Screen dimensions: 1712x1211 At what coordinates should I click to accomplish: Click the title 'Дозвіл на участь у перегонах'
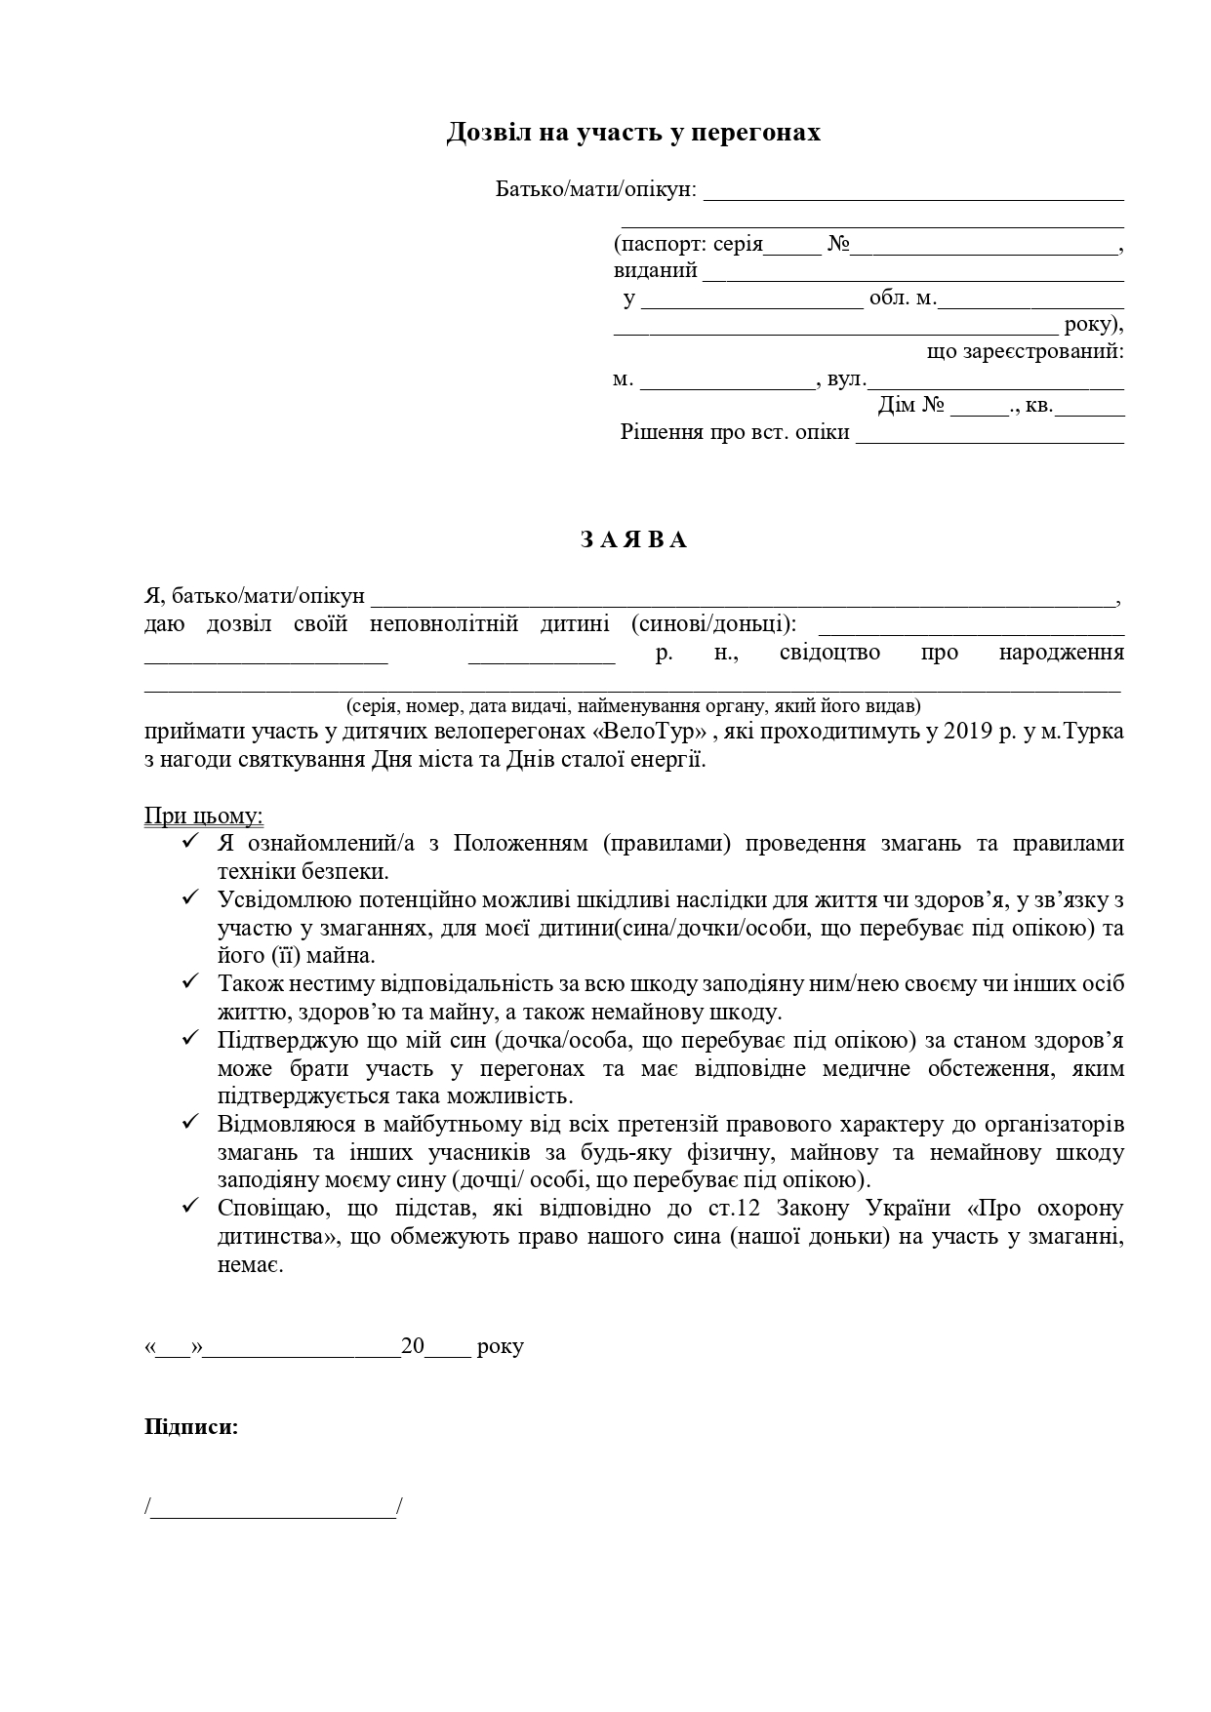[x=633, y=133]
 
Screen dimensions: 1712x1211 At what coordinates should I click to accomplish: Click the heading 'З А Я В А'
[x=633, y=540]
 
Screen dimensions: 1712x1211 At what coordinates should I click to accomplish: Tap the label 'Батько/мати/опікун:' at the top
[x=596, y=189]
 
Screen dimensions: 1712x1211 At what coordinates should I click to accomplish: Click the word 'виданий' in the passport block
[x=656, y=271]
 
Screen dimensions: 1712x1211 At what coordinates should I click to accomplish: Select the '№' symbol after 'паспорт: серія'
[x=837, y=244]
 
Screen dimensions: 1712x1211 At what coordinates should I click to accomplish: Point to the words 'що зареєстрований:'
[x=1025, y=351]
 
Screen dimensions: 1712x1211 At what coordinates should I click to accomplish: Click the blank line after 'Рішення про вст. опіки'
[x=989, y=434]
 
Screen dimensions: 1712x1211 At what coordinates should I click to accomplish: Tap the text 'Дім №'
[x=911, y=405]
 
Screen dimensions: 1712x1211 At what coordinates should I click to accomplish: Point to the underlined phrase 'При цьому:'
[x=204, y=816]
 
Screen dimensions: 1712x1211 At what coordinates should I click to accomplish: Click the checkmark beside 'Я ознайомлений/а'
[x=191, y=842]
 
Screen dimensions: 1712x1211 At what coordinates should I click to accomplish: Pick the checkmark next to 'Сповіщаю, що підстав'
[x=191, y=1207]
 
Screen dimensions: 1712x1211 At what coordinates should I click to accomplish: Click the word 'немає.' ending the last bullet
[x=251, y=1266]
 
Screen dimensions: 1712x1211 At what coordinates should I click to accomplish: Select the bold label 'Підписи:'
[x=191, y=1427]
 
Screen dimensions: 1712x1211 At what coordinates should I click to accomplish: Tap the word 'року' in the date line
[x=501, y=1347]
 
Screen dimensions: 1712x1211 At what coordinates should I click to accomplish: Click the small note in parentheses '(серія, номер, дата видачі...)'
[x=633, y=705]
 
